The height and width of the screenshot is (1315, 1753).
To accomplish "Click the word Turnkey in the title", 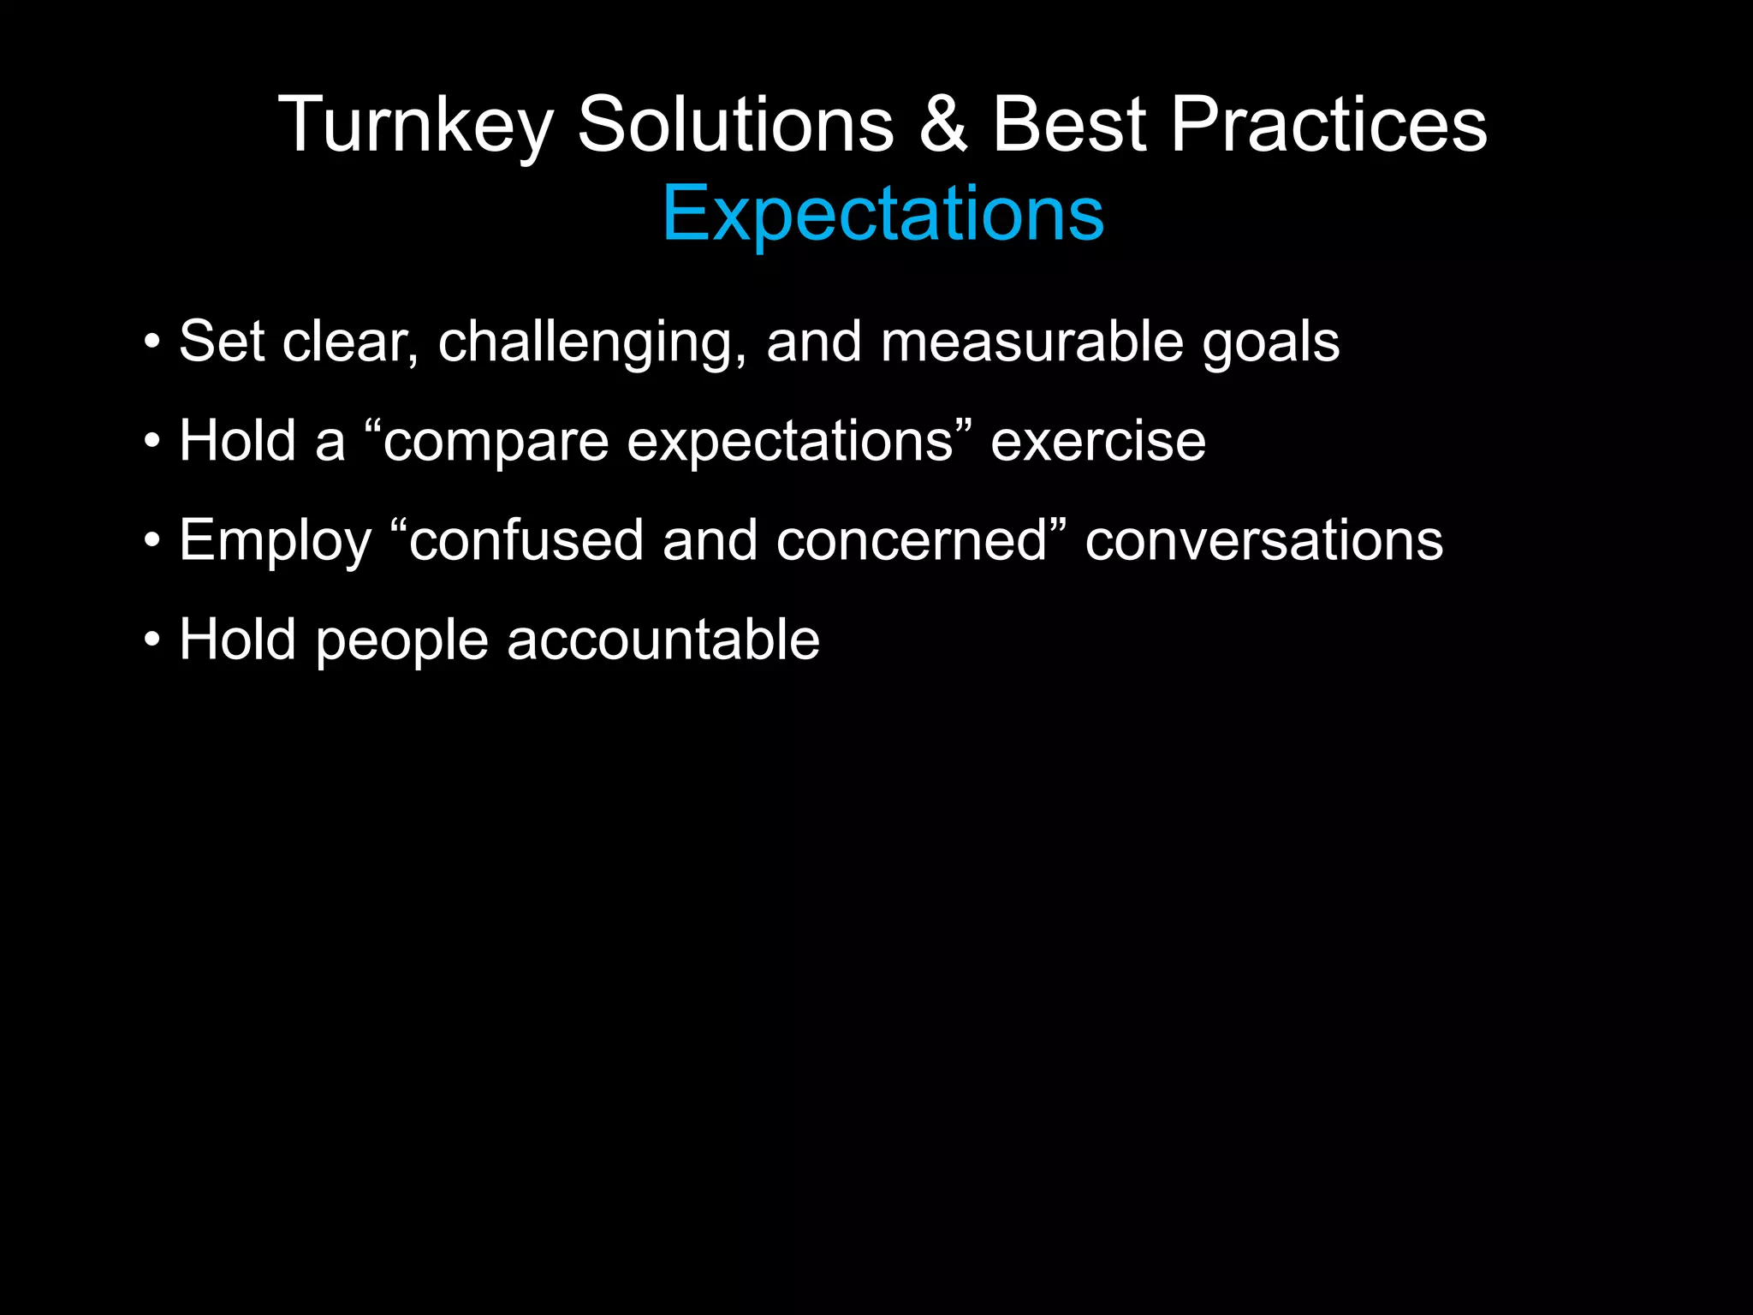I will [x=416, y=126].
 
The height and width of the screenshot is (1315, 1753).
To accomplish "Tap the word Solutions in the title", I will [x=735, y=126].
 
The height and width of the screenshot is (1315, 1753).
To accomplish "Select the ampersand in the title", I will [x=942, y=126].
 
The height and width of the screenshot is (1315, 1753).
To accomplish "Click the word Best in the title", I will [x=1068, y=126].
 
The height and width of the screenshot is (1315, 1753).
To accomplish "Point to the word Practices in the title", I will [x=1328, y=126].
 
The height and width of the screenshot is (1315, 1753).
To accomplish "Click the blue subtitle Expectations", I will [x=882, y=213].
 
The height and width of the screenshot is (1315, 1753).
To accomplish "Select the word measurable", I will [x=1031, y=342].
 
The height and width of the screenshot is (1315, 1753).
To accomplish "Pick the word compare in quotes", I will [x=496, y=443].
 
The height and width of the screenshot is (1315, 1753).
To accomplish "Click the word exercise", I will [x=1097, y=442].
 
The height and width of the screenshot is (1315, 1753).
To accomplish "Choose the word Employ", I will [x=275, y=542].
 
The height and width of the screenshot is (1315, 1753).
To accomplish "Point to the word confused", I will [x=526, y=541].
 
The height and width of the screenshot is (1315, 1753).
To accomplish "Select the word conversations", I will [x=1263, y=541].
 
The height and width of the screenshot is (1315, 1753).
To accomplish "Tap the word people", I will [x=401, y=641].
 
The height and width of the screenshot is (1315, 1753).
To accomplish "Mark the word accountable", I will [x=663, y=640].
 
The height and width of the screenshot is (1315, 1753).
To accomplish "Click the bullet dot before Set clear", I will [x=152, y=342].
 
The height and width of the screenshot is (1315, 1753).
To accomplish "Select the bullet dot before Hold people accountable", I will [x=152, y=640].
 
